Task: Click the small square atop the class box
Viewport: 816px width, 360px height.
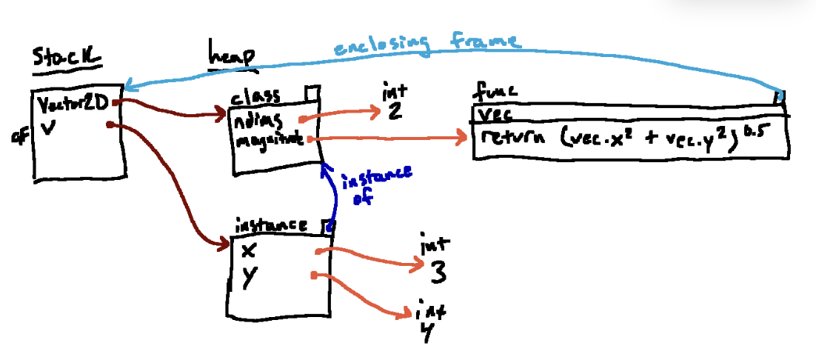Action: pos(312,92)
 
